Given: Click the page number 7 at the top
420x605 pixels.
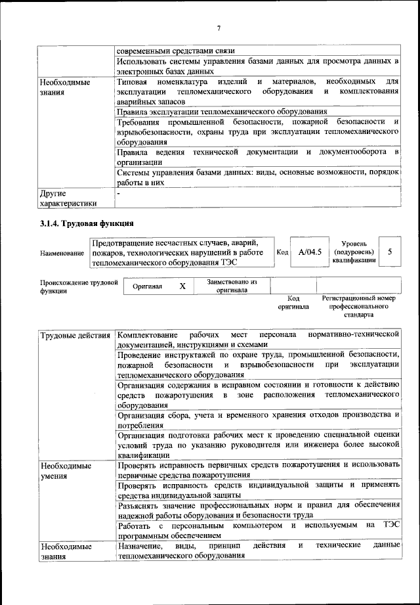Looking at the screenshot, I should coord(219,28).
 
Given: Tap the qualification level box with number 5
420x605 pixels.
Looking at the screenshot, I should coord(390,252).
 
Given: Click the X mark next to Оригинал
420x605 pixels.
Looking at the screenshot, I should coord(182,286).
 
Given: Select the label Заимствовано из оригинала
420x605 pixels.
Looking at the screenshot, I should coord(227,286).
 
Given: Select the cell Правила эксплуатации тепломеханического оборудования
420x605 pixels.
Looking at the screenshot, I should coord(222,111).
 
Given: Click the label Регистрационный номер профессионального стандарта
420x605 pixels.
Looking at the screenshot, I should coord(359,306).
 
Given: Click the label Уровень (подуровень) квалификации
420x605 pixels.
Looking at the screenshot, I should coord(354,252).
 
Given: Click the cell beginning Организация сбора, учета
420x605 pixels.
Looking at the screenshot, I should coord(258,420).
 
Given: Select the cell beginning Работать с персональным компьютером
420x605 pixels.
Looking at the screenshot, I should coord(258,531).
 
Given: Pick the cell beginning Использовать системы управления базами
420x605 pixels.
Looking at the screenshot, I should coord(258,66).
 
